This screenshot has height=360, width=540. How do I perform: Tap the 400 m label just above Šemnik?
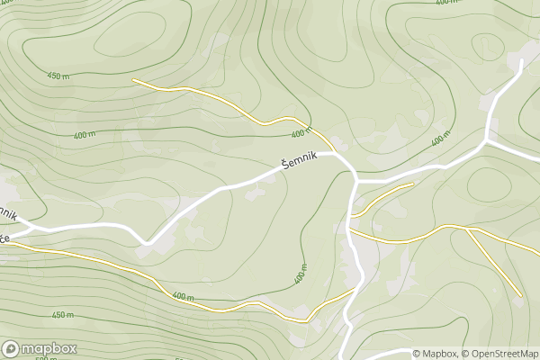point(301,133)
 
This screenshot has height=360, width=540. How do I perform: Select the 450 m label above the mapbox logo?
point(62,314)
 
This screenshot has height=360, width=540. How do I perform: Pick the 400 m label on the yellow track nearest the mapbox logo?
point(183,297)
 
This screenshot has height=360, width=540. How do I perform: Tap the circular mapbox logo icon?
point(12,348)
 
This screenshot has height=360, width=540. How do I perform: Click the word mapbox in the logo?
point(49,348)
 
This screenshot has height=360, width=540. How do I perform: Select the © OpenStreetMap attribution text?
point(501,353)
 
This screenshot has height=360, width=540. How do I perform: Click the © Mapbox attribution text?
point(436,353)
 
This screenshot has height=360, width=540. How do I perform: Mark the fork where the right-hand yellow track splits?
point(467,229)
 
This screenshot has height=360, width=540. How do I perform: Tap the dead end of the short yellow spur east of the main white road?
point(412,184)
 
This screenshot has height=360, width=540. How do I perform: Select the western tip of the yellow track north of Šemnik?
point(133,80)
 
